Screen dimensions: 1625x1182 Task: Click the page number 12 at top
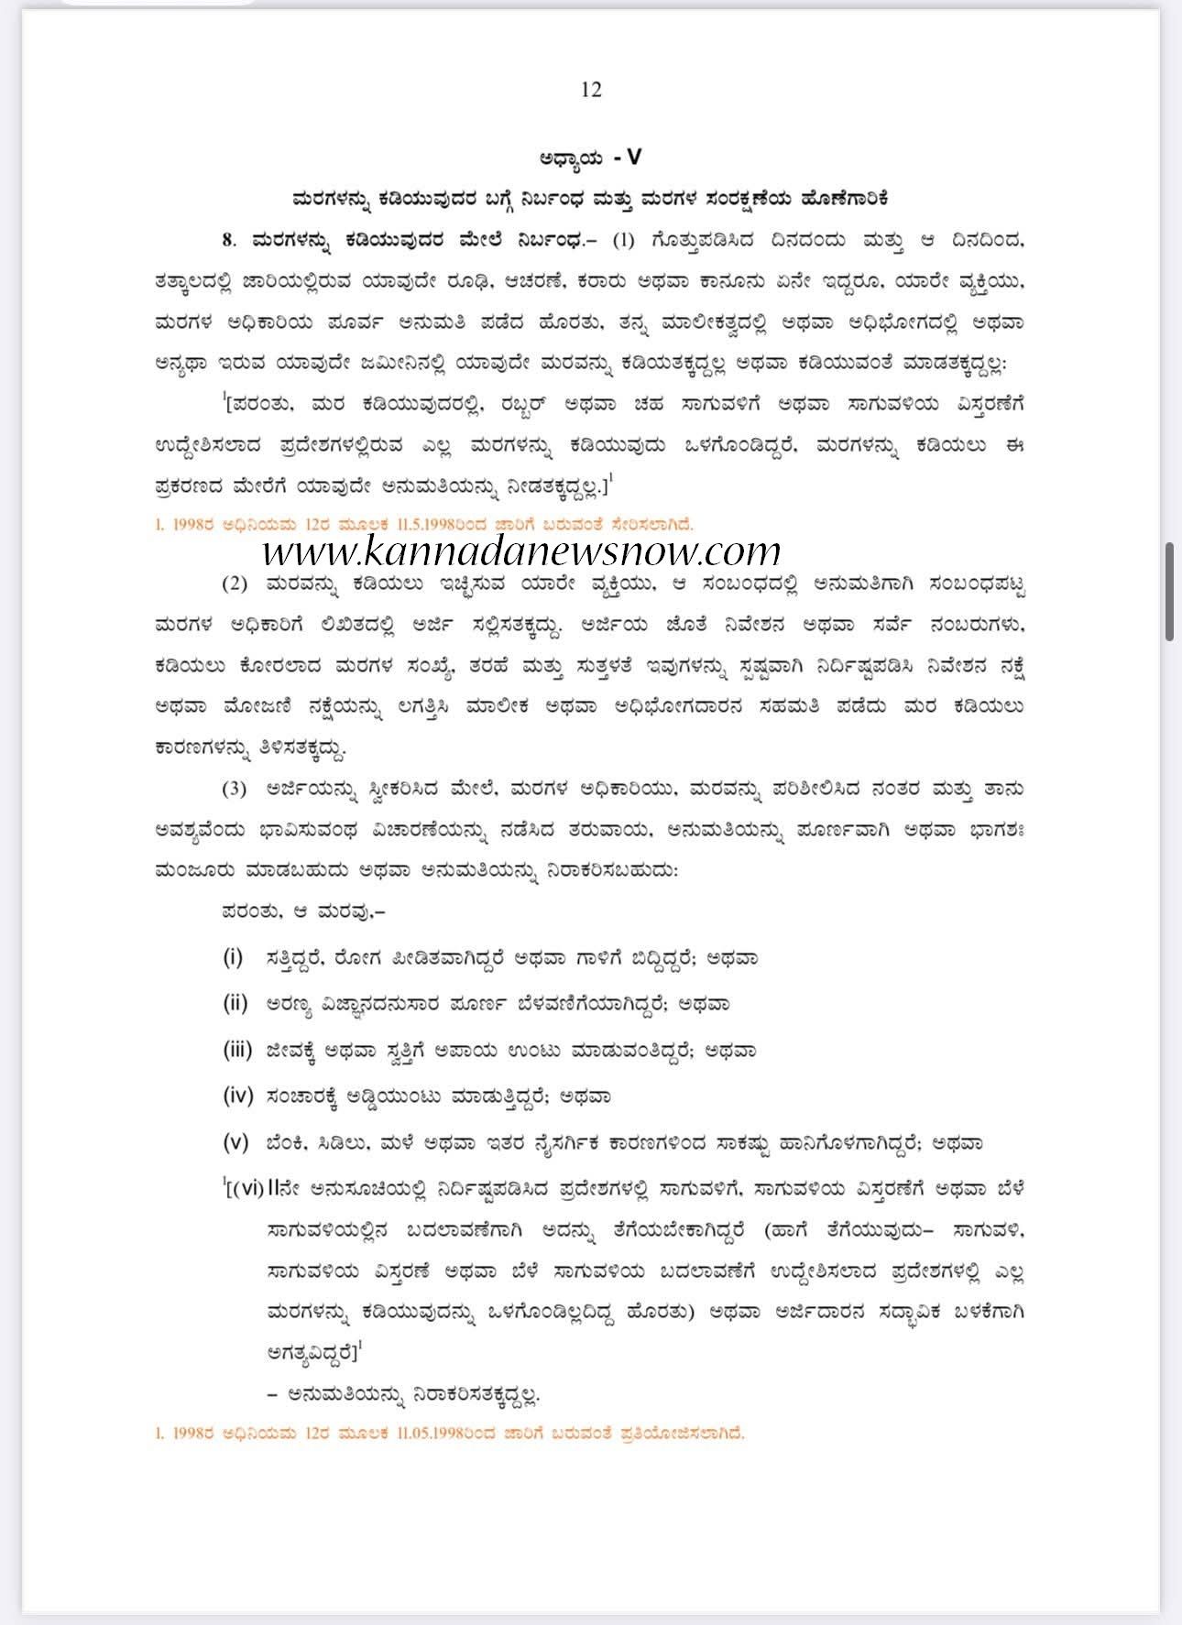591,89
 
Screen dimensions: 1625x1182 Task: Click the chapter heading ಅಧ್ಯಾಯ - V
591,158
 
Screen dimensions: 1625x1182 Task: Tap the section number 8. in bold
228,241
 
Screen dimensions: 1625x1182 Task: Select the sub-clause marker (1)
623,241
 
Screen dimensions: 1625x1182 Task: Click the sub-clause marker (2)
235,583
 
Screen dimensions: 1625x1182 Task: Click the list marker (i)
233,958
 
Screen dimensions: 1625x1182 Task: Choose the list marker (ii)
235,1004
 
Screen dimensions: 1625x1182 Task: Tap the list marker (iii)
237,1050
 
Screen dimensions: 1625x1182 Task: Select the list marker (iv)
236,1096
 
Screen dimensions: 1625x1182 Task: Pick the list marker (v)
235,1142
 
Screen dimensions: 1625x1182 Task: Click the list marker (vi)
248,1189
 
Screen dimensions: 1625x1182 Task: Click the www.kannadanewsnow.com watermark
522,551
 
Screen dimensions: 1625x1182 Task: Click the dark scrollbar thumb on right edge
1169,590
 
